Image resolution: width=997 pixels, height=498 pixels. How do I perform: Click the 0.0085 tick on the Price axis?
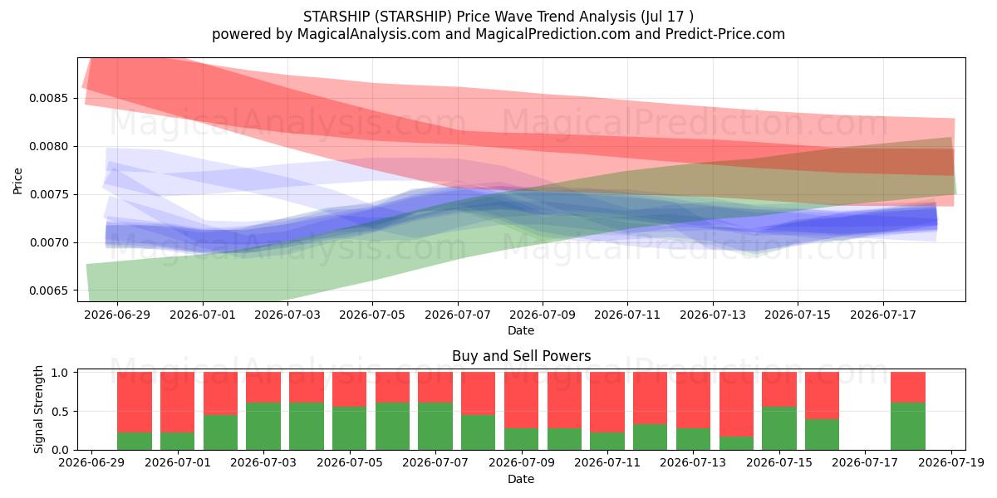coord(49,98)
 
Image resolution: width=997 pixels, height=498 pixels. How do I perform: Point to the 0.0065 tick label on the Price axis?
coord(49,290)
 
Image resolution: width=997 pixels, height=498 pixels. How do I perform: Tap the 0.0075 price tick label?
coord(49,195)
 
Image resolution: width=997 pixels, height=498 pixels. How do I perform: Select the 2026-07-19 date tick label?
coord(951,463)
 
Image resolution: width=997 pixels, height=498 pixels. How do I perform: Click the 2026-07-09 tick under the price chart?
coord(542,315)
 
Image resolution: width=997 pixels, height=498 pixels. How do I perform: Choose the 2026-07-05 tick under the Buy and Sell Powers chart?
coord(350,463)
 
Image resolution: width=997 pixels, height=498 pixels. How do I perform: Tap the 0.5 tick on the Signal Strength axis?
coord(60,412)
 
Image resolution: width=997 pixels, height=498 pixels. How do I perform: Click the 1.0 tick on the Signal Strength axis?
coord(60,373)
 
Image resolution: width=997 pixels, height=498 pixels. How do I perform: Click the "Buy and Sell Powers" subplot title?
coord(521,356)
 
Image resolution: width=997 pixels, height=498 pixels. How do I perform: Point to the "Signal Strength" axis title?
coord(39,409)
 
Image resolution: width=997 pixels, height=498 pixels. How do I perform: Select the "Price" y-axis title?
coord(17,181)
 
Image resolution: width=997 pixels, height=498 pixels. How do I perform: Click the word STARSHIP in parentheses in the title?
coord(413,17)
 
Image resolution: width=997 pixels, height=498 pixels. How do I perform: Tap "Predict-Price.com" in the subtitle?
coord(725,34)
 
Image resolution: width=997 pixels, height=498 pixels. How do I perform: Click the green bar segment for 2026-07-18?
coord(908,427)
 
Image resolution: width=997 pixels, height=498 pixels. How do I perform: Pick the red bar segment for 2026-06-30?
coord(135,403)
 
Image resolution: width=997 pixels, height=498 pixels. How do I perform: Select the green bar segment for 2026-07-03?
coord(263,427)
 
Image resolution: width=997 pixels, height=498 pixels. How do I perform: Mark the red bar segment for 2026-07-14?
coord(737,404)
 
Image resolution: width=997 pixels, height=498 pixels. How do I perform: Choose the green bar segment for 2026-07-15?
coord(779,428)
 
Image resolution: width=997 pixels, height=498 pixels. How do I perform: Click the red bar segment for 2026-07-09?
coord(521,400)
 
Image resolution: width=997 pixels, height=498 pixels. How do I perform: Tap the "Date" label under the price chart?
coord(521,331)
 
